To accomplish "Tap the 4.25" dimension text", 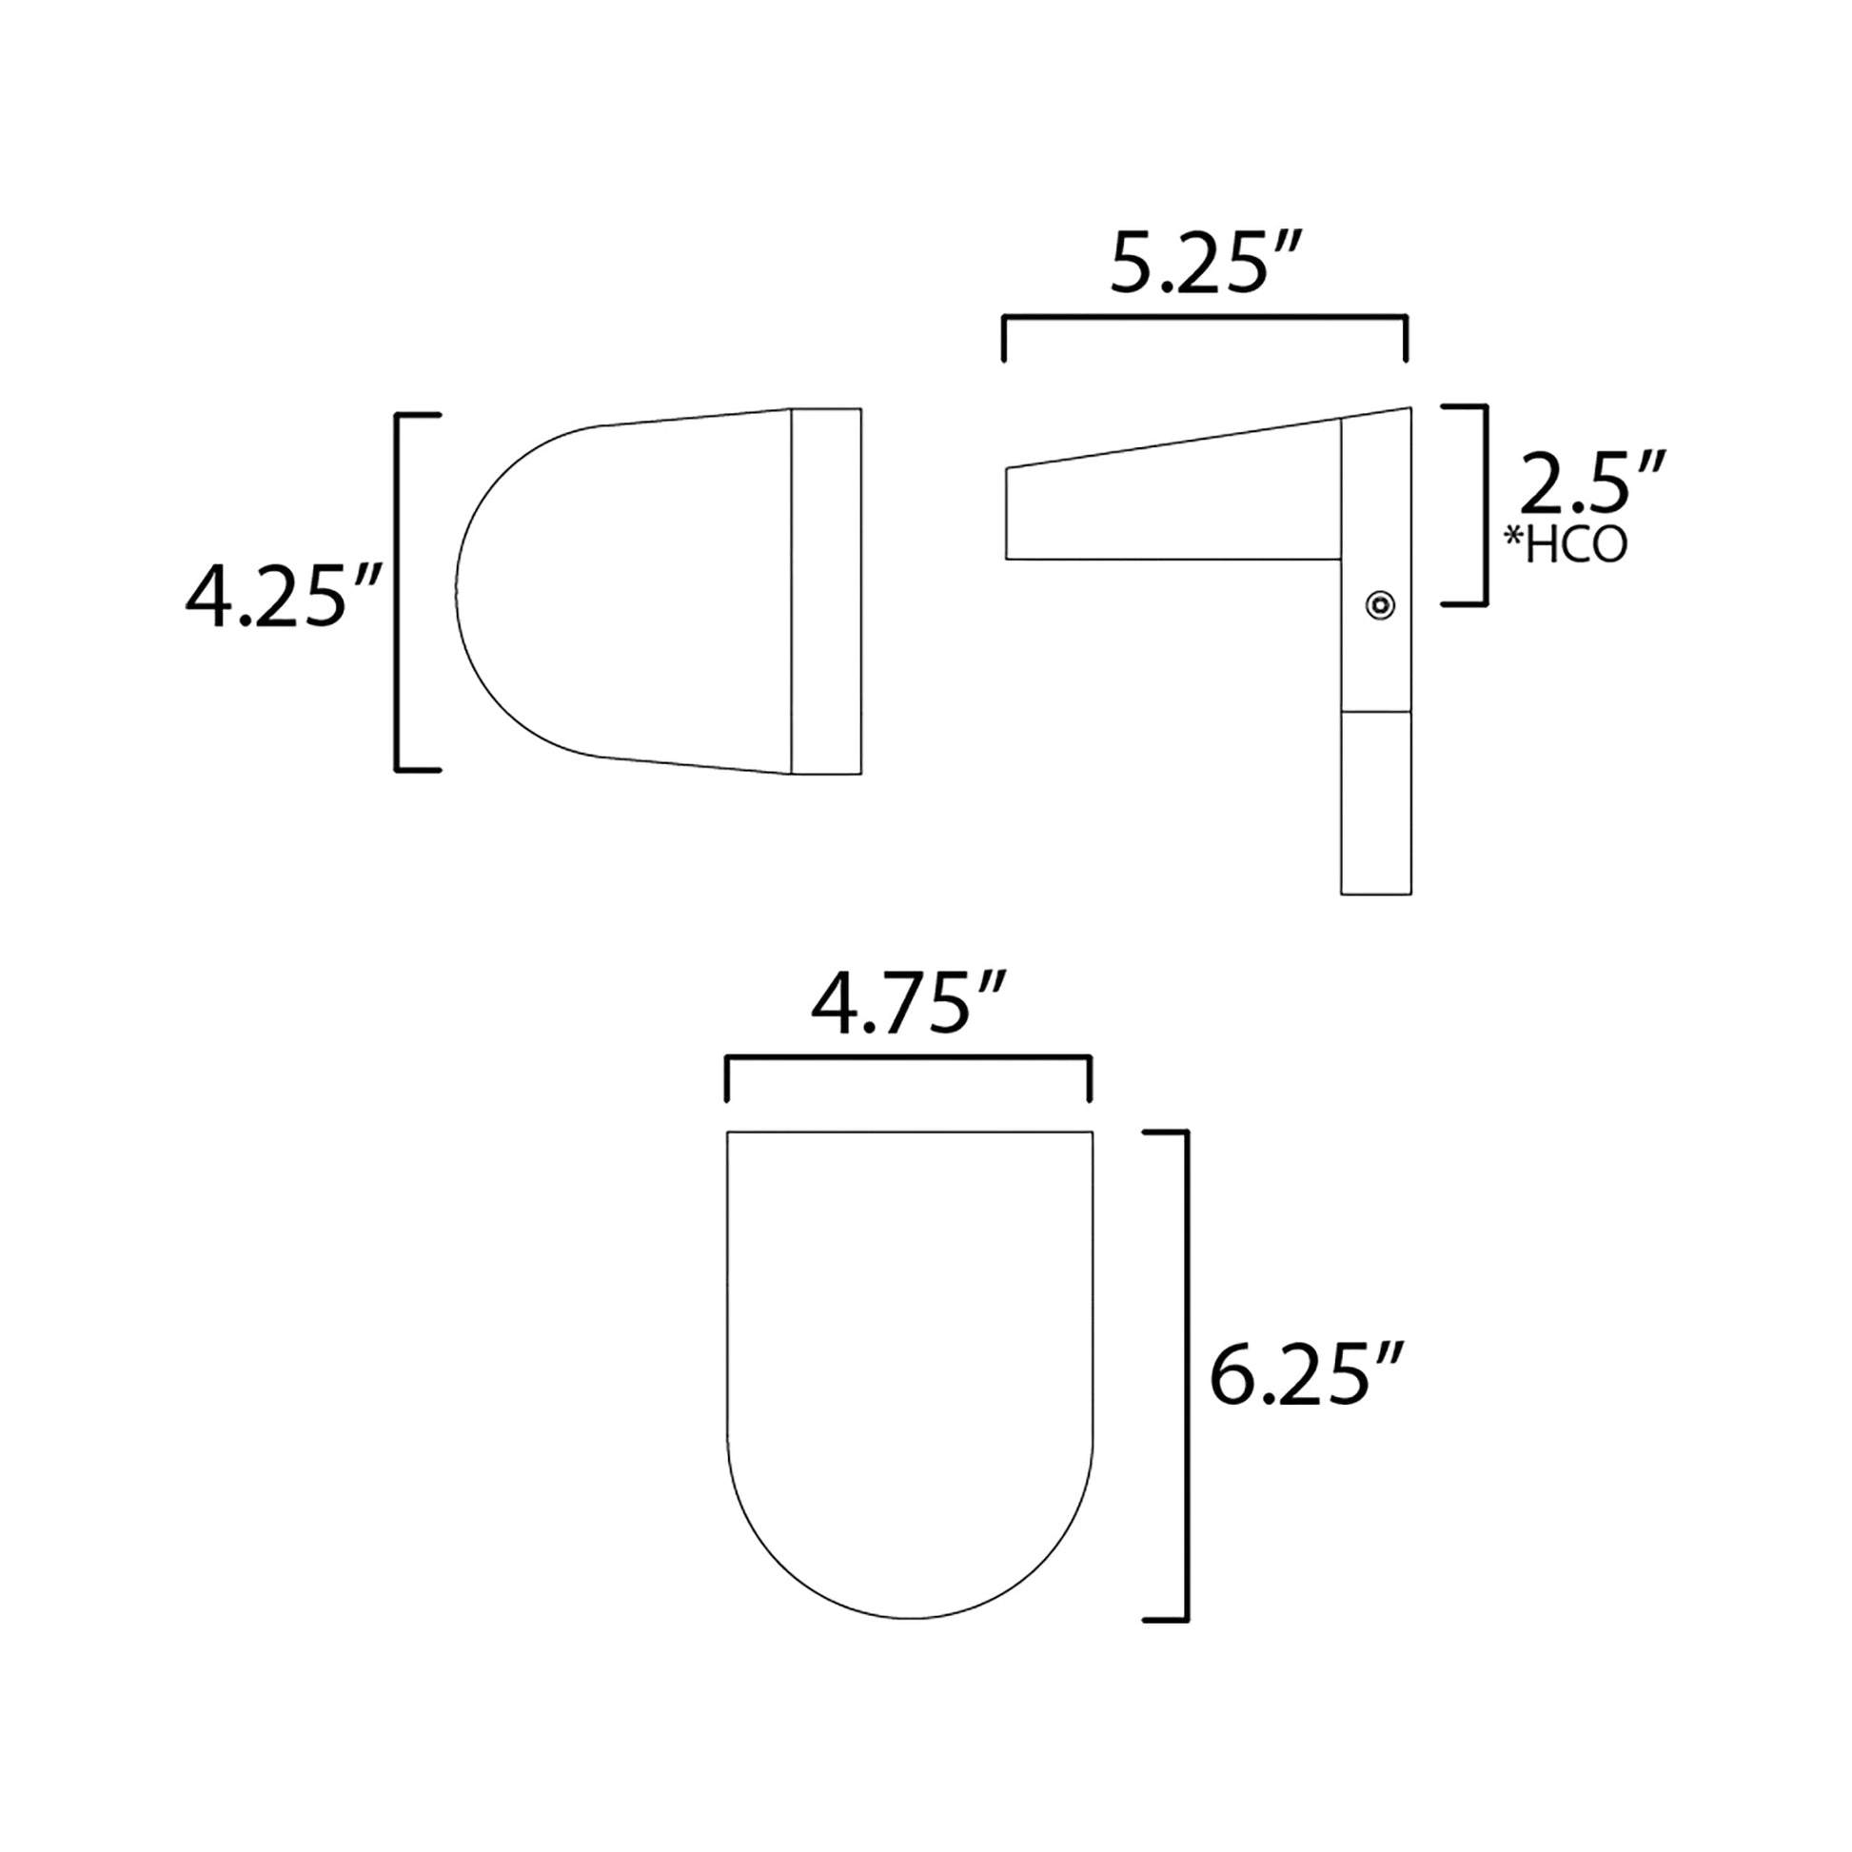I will click(x=284, y=597).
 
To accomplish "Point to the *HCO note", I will click(x=1566, y=544).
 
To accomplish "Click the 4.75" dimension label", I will click(x=908, y=1005).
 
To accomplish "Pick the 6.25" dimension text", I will click(x=1308, y=1374).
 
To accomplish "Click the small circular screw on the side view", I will click(x=1379, y=605).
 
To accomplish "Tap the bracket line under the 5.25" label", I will click(x=1204, y=316).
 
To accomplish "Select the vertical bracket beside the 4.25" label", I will click(x=398, y=591).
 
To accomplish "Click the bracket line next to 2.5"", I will click(x=1485, y=505).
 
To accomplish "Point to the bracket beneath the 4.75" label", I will click(x=908, y=1058).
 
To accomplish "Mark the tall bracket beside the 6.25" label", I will click(x=1187, y=1374).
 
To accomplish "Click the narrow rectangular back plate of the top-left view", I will click(x=825, y=591).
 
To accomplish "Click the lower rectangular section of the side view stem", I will click(x=1375, y=802).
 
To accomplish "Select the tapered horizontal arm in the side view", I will click(x=1170, y=508).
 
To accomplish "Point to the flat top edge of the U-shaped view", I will click(x=910, y=1133).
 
